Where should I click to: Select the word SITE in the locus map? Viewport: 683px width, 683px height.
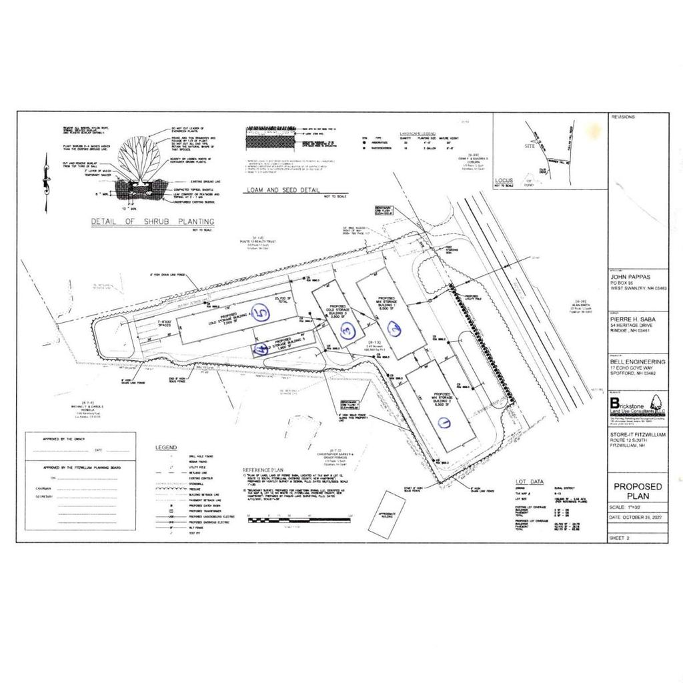530,145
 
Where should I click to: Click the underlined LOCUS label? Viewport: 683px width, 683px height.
502,181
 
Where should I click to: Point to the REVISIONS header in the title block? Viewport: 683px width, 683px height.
622,117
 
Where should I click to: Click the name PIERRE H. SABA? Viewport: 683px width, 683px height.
632,319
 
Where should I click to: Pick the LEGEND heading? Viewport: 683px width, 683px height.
165,446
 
